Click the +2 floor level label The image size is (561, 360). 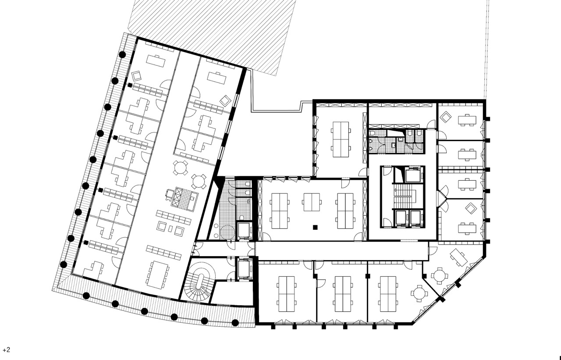pos(6,350)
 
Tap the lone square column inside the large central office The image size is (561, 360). pos(315,227)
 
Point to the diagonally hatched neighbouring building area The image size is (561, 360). pos(212,35)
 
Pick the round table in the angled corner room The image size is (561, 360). pos(440,276)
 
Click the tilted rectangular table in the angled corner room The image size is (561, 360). pos(458,257)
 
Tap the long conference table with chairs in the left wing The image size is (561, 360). pos(159,275)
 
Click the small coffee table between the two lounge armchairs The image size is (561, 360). pos(170,228)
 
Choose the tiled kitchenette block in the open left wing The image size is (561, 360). pos(185,199)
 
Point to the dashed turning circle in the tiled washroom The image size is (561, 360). pos(227,232)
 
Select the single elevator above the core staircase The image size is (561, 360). pos(414,175)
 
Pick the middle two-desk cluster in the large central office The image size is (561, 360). pos(312,202)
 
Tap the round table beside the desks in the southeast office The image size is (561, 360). pos(419,293)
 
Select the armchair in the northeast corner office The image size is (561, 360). pos(446,117)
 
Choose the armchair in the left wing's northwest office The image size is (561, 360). pos(137,75)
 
